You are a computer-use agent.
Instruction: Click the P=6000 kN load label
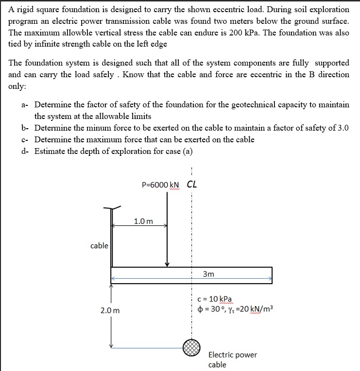[160, 185]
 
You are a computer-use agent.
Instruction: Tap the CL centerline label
[192, 185]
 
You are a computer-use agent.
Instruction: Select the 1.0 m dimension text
[143, 221]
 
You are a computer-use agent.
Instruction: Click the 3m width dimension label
[208, 274]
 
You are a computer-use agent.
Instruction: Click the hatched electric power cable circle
[192, 346]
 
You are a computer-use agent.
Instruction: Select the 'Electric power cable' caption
[232, 359]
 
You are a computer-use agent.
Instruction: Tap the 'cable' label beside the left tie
[99, 246]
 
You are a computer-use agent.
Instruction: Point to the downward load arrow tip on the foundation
[167, 264]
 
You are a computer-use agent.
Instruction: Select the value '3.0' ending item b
[343, 128]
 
